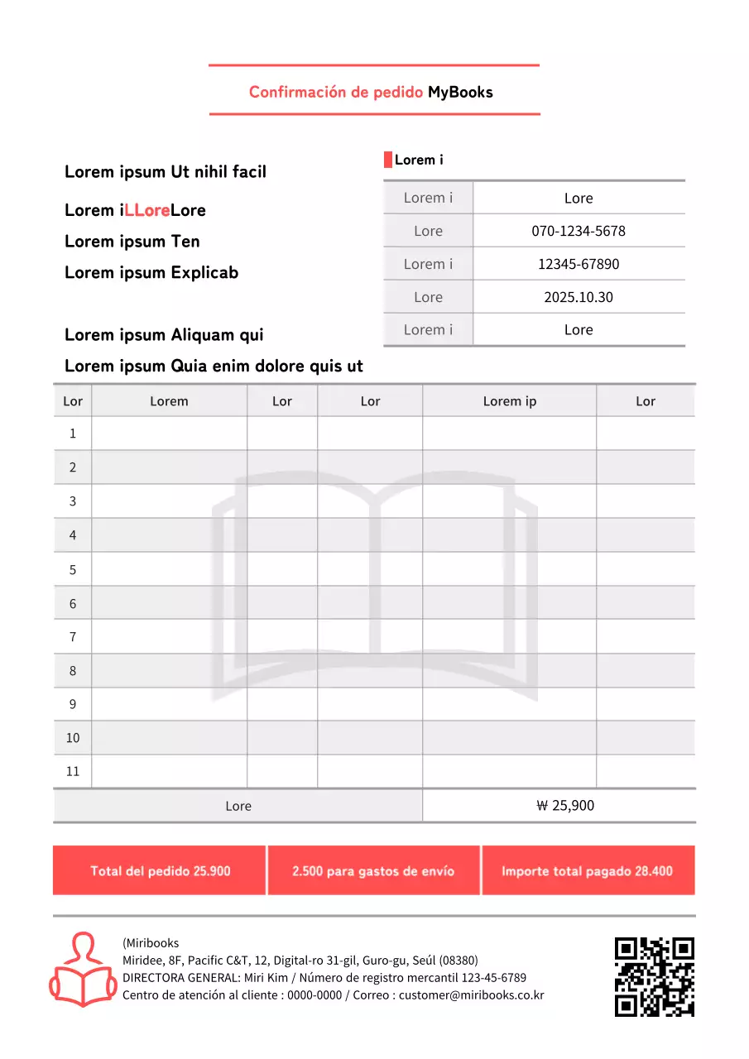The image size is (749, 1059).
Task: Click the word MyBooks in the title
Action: tap(460, 92)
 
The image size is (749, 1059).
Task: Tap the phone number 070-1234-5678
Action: tap(579, 231)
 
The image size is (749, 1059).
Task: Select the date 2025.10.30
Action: tap(579, 297)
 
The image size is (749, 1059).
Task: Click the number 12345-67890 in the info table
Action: tap(579, 264)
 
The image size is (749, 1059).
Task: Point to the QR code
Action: tap(654, 976)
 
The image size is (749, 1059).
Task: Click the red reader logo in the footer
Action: tap(83, 970)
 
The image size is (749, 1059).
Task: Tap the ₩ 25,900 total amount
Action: tap(565, 805)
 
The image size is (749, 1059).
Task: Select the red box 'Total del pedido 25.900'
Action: tap(160, 870)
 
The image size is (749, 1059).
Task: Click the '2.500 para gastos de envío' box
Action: tap(373, 870)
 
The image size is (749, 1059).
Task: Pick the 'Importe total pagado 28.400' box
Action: tap(588, 870)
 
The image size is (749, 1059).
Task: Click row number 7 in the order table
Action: tap(73, 636)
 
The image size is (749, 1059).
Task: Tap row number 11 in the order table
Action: tap(73, 771)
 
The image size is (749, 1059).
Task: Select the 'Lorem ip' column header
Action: tap(509, 401)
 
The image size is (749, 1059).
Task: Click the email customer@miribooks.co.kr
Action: tap(472, 995)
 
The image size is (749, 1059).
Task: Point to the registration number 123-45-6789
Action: tap(493, 977)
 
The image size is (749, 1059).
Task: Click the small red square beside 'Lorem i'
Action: tap(387, 160)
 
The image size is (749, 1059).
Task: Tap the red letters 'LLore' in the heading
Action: tap(147, 210)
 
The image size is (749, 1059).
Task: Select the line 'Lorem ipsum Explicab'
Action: tap(151, 272)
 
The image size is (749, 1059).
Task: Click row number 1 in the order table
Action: tap(73, 433)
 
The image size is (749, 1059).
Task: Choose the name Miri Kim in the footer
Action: tap(266, 977)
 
